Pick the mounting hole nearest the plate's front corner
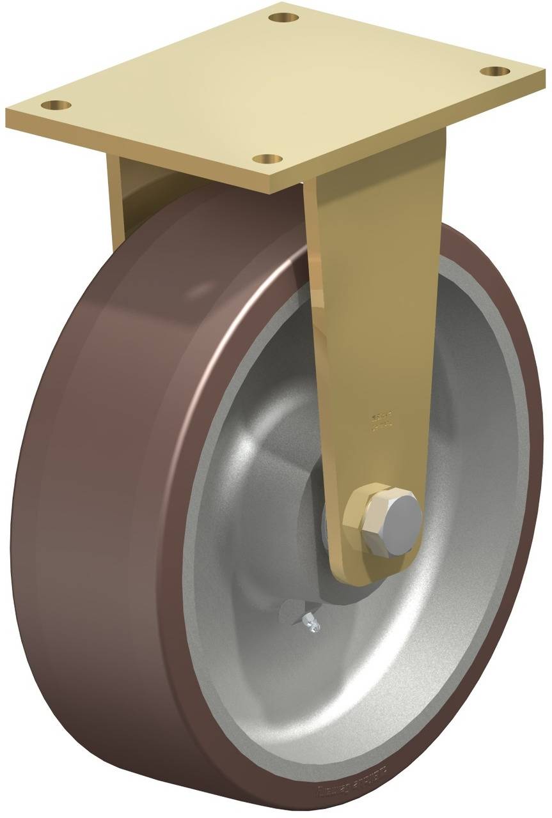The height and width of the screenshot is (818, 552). point(266,157)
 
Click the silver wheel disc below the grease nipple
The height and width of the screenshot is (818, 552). point(358,690)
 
